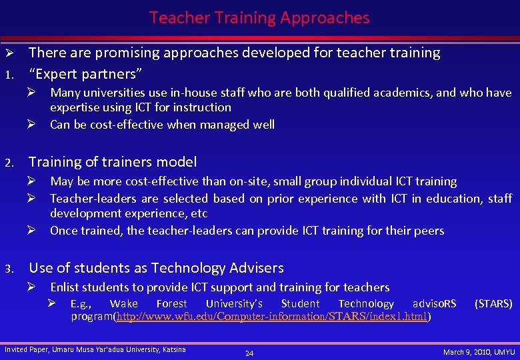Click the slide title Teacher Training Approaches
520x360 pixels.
tap(259, 18)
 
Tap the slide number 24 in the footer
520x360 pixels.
tap(249, 353)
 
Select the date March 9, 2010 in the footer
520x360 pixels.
tap(467, 351)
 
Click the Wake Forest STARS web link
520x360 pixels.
tap(272, 317)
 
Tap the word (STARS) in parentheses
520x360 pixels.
tap(493, 304)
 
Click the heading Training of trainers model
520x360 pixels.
tap(113, 162)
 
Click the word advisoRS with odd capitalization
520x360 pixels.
tap(435, 304)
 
